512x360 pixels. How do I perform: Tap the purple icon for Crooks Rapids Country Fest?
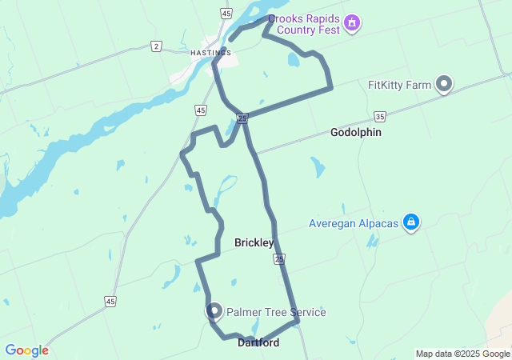351,24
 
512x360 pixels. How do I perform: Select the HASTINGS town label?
210,53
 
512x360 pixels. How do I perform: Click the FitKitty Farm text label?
400,84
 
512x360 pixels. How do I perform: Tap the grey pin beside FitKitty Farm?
443,84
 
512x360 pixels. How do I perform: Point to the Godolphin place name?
356,133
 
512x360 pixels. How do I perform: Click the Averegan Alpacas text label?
354,223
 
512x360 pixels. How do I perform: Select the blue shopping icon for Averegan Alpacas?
411,222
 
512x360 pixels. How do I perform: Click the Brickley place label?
254,242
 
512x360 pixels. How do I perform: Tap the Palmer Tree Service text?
276,312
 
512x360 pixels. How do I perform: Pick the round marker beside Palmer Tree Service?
214,310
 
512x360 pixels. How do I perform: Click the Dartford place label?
258,342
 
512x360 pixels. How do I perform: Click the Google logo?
26,350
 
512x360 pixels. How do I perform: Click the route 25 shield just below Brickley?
278,259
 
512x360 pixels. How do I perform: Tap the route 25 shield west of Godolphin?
242,119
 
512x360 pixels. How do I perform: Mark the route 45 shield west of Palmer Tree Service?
110,301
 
